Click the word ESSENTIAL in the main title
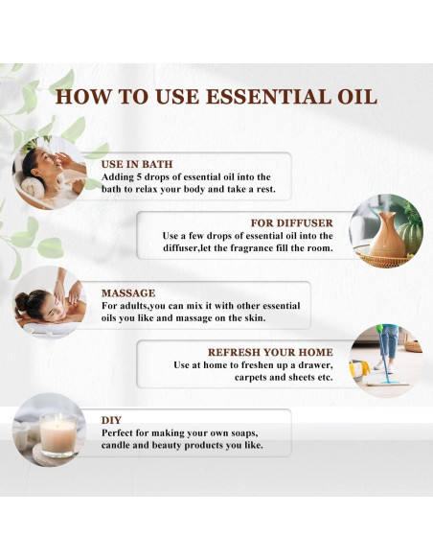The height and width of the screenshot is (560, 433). click(269, 97)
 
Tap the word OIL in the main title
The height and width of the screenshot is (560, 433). click(357, 97)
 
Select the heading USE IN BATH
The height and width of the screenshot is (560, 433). click(137, 164)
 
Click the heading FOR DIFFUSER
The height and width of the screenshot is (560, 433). click(292, 223)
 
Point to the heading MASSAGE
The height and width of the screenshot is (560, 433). click(128, 293)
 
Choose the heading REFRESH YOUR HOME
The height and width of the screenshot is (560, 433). click(270, 353)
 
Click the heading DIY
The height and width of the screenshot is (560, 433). click(111, 420)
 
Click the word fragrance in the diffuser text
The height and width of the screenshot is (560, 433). click(253, 247)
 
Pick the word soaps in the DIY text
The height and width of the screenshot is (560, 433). click(242, 432)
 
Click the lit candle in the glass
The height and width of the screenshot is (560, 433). click(58, 434)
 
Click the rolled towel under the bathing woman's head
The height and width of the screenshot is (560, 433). click(33, 187)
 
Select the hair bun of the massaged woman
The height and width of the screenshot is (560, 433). click(22, 302)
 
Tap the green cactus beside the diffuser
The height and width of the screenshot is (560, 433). click(410, 237)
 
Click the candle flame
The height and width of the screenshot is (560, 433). click(59, 417)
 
